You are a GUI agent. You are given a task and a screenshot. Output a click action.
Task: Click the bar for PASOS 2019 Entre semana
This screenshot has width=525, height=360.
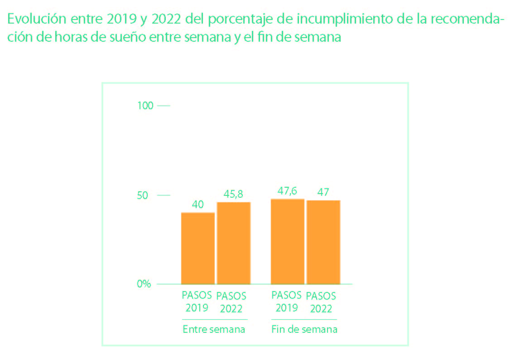198,248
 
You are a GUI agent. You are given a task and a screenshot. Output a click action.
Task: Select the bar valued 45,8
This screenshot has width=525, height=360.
233,243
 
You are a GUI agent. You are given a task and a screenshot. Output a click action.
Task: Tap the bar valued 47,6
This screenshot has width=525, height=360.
287,241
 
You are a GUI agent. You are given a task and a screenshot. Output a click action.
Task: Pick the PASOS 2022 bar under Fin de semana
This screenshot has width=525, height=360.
323,242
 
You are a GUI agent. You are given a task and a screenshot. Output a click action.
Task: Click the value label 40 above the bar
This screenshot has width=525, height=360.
197,204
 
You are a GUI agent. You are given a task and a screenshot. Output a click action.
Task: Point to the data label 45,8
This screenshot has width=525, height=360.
233,194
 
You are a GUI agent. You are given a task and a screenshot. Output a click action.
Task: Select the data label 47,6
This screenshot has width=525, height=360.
287,191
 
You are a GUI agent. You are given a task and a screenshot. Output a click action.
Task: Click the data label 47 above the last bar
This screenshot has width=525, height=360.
323,192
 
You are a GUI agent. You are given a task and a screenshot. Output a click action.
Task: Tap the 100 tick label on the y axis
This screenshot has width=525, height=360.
145,106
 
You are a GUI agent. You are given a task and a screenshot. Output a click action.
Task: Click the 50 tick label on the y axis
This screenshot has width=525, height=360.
143,195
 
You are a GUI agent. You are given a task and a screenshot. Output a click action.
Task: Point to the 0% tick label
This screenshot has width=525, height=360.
144,284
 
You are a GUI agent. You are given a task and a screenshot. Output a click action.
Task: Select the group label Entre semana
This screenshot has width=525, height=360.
214,329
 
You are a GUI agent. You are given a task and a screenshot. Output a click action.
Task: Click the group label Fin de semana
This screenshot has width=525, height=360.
304,329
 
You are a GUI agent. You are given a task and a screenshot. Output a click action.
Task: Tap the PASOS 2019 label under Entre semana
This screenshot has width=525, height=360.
197,301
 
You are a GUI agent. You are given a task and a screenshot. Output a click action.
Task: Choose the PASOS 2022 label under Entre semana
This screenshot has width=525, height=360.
231,302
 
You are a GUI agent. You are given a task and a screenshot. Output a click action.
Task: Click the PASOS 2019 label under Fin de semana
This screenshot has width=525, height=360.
286,301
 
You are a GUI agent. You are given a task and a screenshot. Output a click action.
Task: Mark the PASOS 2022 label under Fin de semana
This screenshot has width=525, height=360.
321,302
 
